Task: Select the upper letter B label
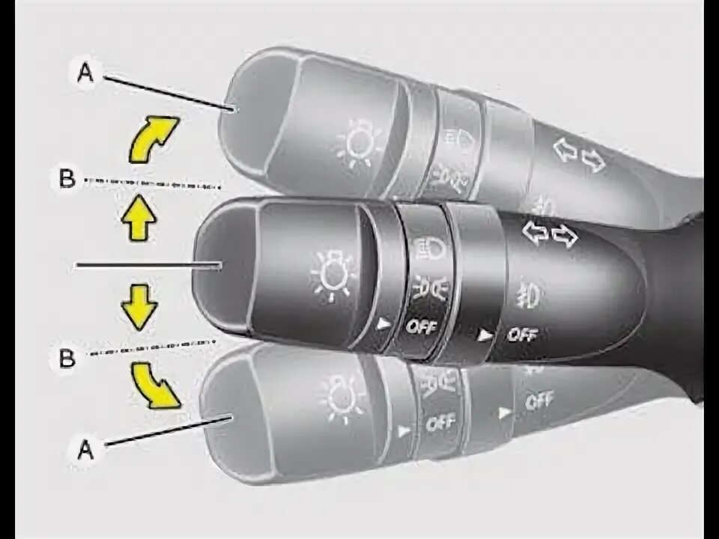coord(66,180)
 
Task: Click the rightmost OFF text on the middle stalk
coord(523,335)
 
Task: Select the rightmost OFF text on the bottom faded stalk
coord(539,402)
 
